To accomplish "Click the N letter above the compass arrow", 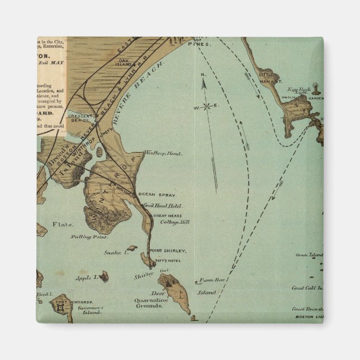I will (x=203, y=75).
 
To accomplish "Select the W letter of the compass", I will (x=196, y=107).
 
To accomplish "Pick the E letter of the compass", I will (x=217, y=105).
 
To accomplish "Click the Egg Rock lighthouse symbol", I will (x=316, y=87).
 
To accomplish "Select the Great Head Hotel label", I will (x=162, y=206).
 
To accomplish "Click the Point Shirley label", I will (x=168, y=250).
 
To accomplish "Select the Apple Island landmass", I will (x=104, y=275).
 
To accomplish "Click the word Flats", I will (x=63, y=224).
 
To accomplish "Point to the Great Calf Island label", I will (x=307, y=288).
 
